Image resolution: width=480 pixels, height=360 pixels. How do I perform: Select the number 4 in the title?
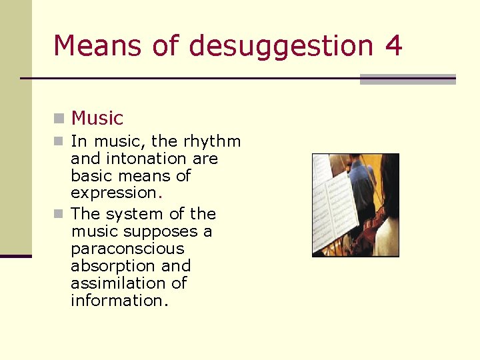(393, 46)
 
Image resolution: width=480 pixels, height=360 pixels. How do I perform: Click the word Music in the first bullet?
(97, 118)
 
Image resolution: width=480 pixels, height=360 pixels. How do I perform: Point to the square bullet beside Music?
(59, 119)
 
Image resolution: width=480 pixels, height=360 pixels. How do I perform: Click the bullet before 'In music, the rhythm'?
(59, 141)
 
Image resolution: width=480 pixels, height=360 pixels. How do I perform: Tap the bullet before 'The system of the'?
(59, 214)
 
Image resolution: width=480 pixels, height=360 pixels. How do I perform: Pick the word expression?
(115, 193)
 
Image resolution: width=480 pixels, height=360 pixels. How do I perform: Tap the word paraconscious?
(127, 249)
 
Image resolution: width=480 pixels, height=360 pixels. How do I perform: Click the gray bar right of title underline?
(407, 79)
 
